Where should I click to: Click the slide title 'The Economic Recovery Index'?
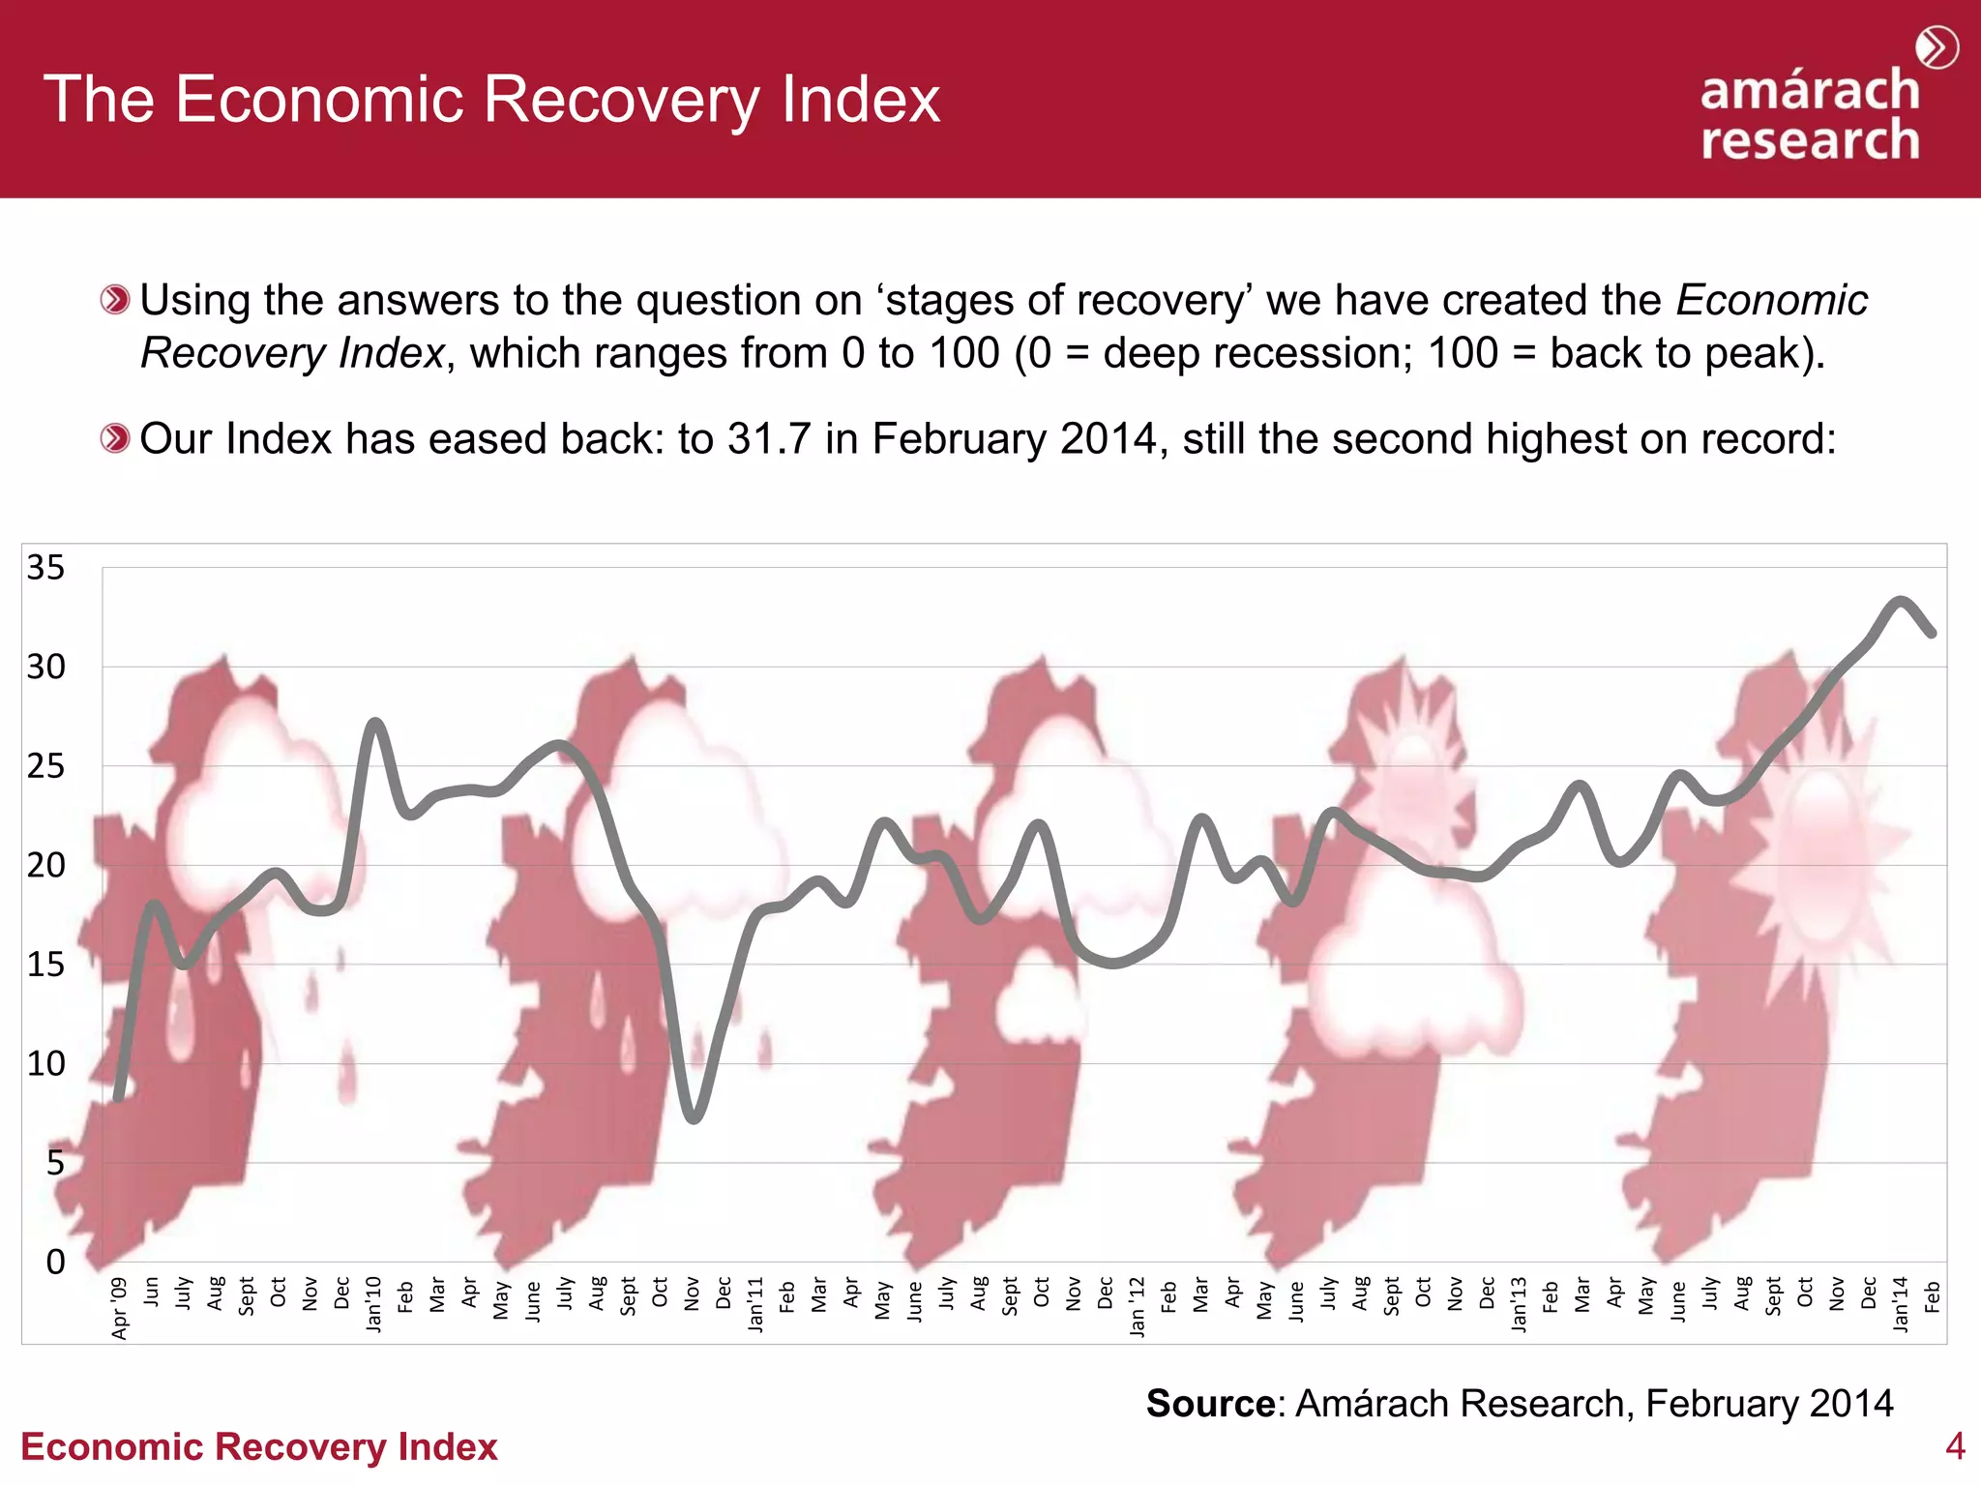(491, 99)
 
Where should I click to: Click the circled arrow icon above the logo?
(1937, 47)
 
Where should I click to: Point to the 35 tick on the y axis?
(45, 568)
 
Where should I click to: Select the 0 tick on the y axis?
(55, 1262)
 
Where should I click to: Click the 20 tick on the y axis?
(45, 865)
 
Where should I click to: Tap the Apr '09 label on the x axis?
(120, 1308)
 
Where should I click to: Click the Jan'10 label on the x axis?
(374, 1304)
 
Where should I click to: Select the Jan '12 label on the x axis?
(1138, 1306)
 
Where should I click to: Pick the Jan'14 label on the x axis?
(1901, 1304)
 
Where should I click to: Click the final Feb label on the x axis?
(1933, 1296)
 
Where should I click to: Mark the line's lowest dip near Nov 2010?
(694, 1118)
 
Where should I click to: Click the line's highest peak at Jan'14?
(1901, 601)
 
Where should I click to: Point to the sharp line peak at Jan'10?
(375, 722)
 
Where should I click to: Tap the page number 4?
(1955, 1446)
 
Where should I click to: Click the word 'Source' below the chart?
(1210, 1403)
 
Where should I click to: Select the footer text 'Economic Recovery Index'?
(258, 1446)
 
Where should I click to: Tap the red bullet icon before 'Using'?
(115, 300)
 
